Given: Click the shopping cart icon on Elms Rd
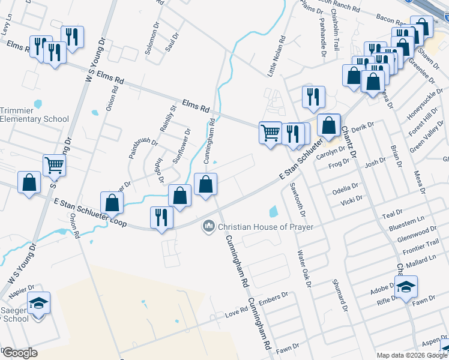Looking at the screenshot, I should click(x=271, y=132).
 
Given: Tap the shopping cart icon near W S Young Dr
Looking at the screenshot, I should click(x=55, y=165).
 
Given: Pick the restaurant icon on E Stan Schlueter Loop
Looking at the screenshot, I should click(x=161, y=217).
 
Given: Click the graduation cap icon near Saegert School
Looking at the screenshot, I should click(x=40, y=304).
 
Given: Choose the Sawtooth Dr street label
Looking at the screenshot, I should click(x=297, y=199).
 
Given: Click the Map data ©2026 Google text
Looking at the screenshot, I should click(x=411, y=355).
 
